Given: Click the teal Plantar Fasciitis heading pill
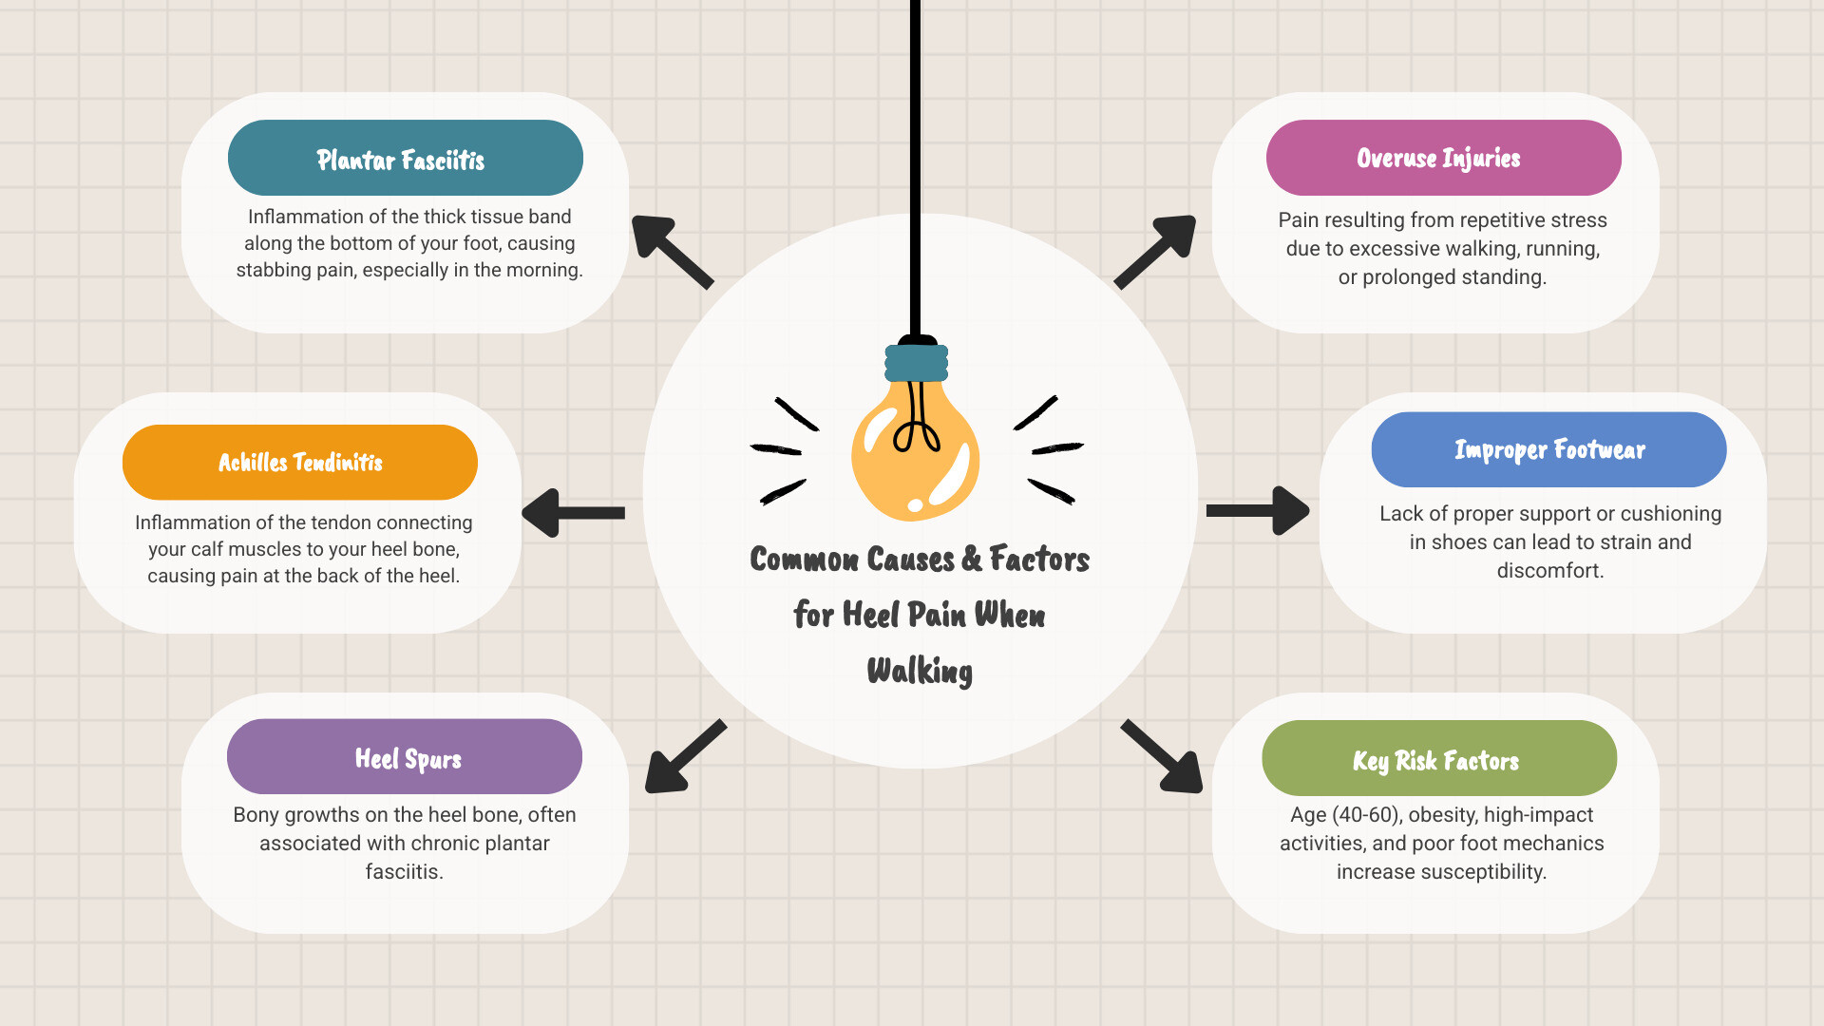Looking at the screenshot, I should tap(405, 158).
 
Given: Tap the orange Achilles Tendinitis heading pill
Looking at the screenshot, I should tap(299, 463).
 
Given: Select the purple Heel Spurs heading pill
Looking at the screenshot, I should tap(404, 757).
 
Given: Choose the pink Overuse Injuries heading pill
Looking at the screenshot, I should tap(1442, 158).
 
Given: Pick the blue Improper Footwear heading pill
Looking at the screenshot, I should tap(1548, 449).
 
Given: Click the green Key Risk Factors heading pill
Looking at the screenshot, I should tap(1438, 758).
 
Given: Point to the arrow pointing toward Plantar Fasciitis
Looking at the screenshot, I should tap(671, 251).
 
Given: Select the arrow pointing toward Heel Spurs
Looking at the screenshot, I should tap(684, 757).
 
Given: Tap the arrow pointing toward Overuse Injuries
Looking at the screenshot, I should tap(1156, 251).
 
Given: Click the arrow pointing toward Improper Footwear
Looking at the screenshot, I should tap(1259, 511).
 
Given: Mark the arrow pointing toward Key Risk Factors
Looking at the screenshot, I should tap(1163, 757).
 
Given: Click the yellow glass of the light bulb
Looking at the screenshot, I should tap(914, 456).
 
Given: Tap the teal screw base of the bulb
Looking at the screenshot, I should tap(916, 363).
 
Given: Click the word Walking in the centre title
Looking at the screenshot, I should tap(920, 671).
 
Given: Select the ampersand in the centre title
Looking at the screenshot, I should tap(971, 559).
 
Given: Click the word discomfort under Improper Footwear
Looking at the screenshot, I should tap(1548, 571).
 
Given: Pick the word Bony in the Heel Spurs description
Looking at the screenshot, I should tap(256, 815).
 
